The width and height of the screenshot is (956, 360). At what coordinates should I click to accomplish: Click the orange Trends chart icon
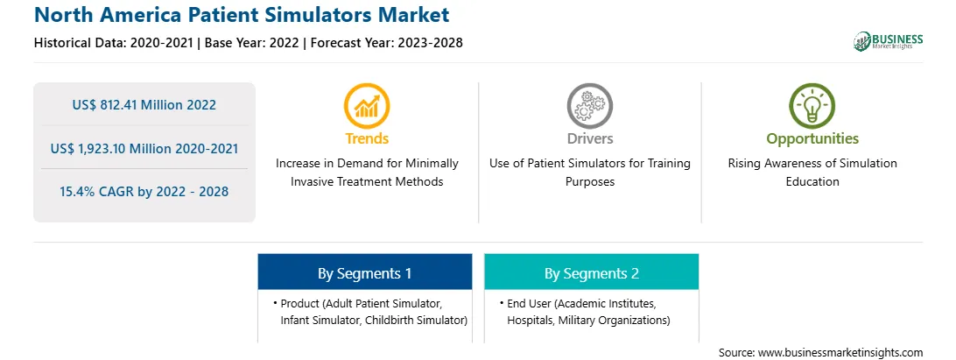[367, 106]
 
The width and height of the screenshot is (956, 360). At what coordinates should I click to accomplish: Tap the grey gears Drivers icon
[589, 106]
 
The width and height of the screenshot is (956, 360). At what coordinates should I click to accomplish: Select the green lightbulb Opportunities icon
[812, 106]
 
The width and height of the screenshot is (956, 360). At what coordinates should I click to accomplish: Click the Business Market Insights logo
[889, 41]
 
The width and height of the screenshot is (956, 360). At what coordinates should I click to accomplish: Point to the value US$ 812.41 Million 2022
[144, 105]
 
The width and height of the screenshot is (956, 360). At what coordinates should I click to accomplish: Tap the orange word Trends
[367, 138]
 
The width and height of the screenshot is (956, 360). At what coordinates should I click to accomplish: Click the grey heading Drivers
[589, 138]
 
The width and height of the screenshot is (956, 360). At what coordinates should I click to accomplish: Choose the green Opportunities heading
[812, 139]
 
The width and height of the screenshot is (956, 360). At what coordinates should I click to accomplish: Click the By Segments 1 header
[364, 272]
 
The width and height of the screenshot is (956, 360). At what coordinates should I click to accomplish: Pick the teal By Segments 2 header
[592, 272]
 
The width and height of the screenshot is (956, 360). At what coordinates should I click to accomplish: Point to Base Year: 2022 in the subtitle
[252, 43]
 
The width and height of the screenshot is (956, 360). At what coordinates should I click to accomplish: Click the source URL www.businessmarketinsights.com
[840, 353]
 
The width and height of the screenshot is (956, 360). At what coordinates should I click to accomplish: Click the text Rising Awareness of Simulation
[812, 164]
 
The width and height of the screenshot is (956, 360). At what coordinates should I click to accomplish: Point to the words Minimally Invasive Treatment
[367, 173]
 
